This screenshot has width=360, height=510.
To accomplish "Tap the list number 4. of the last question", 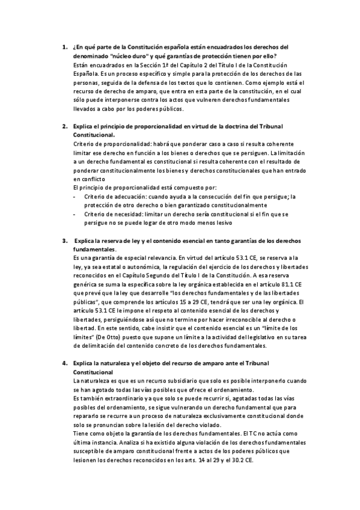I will pos(64,364).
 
